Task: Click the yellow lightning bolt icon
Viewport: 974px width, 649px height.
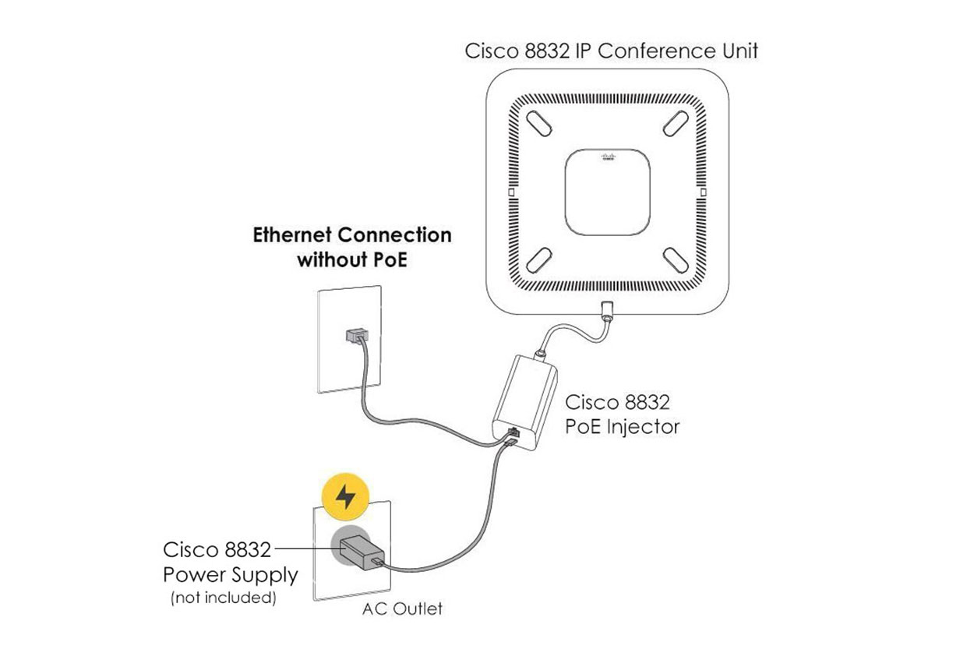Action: click(345, 496)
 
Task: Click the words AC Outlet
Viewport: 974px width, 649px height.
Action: click(402, 608)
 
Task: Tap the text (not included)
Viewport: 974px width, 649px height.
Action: click(223, 598)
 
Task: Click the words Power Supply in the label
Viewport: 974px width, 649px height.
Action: click(230, 575)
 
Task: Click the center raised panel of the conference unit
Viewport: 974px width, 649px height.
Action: click(608, 191)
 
